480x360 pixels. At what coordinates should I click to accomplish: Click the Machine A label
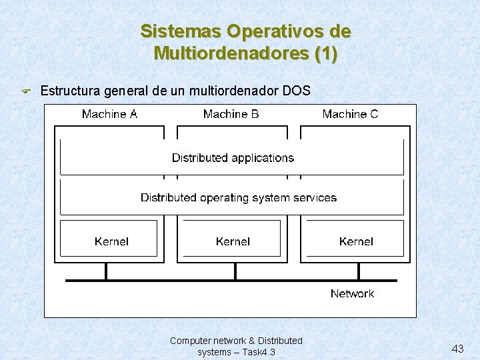[109, 114]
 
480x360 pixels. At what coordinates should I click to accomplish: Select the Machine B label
[231, 114]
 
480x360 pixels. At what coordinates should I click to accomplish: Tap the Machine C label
[350, 114]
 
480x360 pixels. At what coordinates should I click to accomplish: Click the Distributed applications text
[233, 158]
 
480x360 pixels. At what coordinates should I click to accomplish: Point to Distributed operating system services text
[238, 198]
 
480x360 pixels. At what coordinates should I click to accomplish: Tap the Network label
[352, 293]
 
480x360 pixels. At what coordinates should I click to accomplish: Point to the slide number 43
[457, 349]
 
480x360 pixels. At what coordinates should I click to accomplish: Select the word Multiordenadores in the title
[231, 53]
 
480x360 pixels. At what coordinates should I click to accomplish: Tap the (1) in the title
[325, 53]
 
